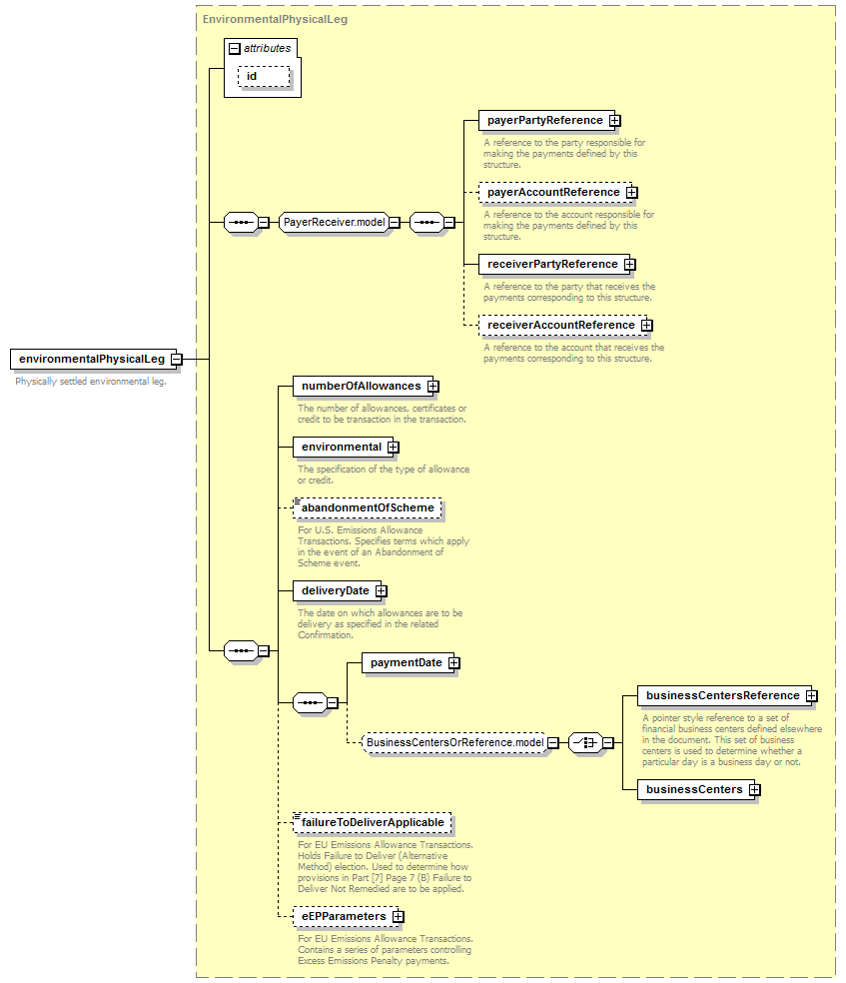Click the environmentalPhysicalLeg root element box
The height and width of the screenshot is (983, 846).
91,360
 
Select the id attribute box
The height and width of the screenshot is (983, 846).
264,77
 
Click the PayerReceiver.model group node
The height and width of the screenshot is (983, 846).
334,222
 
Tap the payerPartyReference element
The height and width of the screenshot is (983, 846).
544,120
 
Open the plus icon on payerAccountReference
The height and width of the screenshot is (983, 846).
631,193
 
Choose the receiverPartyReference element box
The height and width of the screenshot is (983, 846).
552,264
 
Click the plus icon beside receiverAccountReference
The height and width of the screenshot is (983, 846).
646,325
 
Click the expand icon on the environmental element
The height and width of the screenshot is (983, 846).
393,447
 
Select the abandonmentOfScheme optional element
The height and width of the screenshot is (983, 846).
368,507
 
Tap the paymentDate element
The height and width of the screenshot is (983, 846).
407,662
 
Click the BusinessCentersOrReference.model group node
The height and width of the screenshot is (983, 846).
454,742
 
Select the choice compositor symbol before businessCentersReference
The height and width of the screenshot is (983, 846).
586,743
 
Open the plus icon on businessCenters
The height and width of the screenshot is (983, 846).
754,790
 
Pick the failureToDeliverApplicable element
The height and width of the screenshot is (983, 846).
373,822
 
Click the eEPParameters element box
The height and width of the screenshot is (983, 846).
344,916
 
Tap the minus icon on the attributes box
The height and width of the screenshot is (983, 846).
235,48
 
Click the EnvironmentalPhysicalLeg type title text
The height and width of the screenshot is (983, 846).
275,19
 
